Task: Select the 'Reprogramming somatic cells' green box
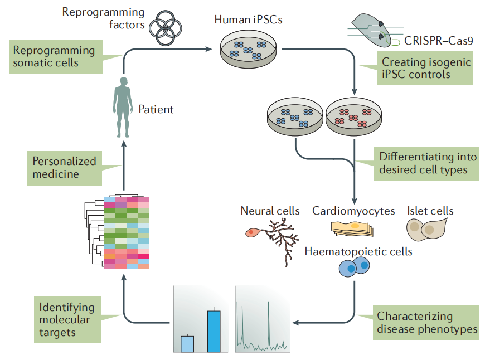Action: (x=55, y=57)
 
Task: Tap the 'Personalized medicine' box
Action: (x=64, y=168)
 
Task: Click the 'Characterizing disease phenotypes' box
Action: (x=427, y=322)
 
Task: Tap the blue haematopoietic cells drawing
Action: (x=355, y=268)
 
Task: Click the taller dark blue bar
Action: (x=214, y=331)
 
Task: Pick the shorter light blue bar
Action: (x=187, y=344)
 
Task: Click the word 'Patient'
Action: (x=156, y=110)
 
